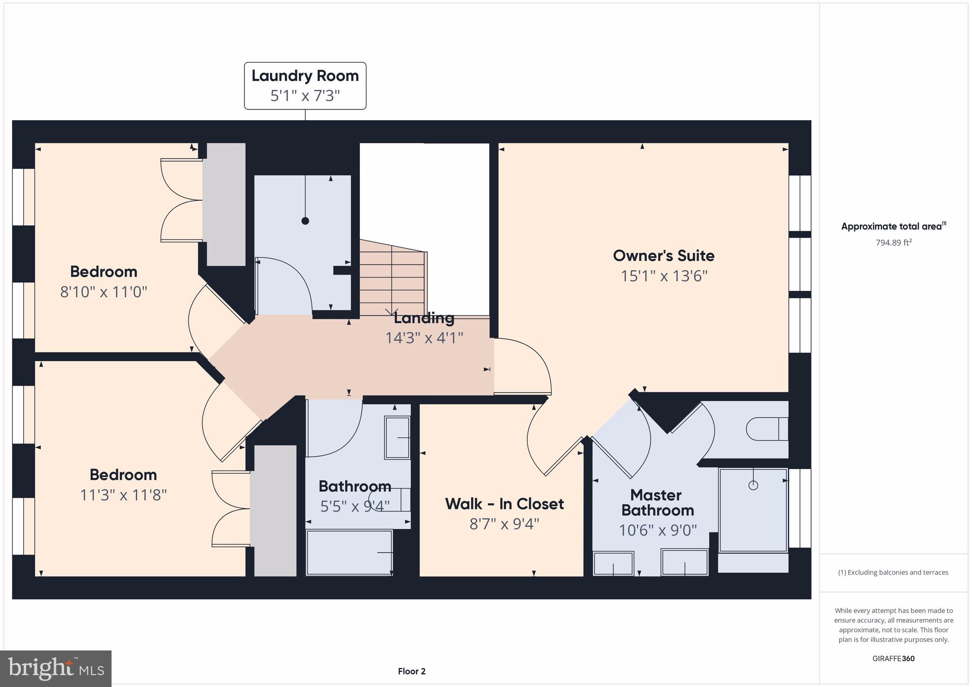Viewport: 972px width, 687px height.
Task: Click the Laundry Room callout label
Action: point(305,85)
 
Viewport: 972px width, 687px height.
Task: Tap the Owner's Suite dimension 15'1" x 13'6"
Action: point(664,276)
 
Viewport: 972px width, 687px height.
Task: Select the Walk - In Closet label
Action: point(504,504)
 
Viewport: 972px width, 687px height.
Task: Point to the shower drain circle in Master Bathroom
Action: point(753,485)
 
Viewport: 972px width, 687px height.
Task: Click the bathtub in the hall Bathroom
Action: point(349,553)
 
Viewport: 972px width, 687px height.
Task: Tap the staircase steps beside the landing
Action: point(392,278)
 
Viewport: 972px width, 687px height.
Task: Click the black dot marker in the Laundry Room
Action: point(305,221)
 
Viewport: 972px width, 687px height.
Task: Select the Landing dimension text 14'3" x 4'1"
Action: point(424,338)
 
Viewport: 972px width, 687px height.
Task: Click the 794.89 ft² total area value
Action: point(894,243)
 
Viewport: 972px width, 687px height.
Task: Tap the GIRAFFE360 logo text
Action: point(893,659)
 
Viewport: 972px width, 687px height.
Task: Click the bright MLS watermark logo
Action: point(56,668)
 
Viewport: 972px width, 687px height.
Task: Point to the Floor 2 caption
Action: point(411,671)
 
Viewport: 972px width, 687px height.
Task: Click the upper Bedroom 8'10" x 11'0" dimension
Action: point(103,292)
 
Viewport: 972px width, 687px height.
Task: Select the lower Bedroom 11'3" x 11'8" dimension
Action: point(123,495)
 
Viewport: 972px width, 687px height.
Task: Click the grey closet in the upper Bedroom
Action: point(224,204)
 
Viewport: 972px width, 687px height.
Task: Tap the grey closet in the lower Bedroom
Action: point(273,511)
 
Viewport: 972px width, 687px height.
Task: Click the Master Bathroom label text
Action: point(657,502)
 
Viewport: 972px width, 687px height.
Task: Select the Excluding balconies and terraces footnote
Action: point(893,573)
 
